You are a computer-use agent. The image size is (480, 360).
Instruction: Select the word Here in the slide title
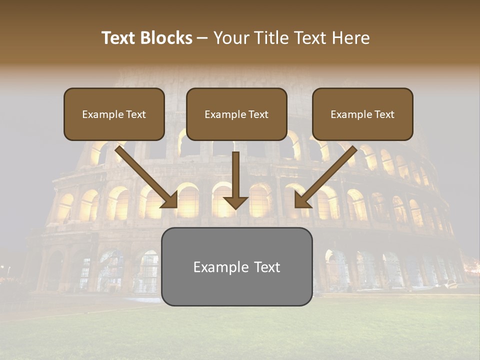point(351,38)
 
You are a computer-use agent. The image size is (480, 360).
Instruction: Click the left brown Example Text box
point(114,114)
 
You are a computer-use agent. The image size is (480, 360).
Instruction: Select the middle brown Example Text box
point(236,114)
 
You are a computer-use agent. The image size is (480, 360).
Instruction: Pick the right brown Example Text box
point(362,114)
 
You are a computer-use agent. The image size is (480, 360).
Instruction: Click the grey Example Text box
point(236,266)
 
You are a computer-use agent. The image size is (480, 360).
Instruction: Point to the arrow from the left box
point(145,175)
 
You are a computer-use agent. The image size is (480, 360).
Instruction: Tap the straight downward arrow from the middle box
point(235,175)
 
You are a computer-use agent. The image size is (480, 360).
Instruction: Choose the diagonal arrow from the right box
point(327,175)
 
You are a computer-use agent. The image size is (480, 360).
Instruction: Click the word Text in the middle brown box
point(258,114)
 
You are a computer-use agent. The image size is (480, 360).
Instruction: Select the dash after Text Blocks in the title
point(202,38)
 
